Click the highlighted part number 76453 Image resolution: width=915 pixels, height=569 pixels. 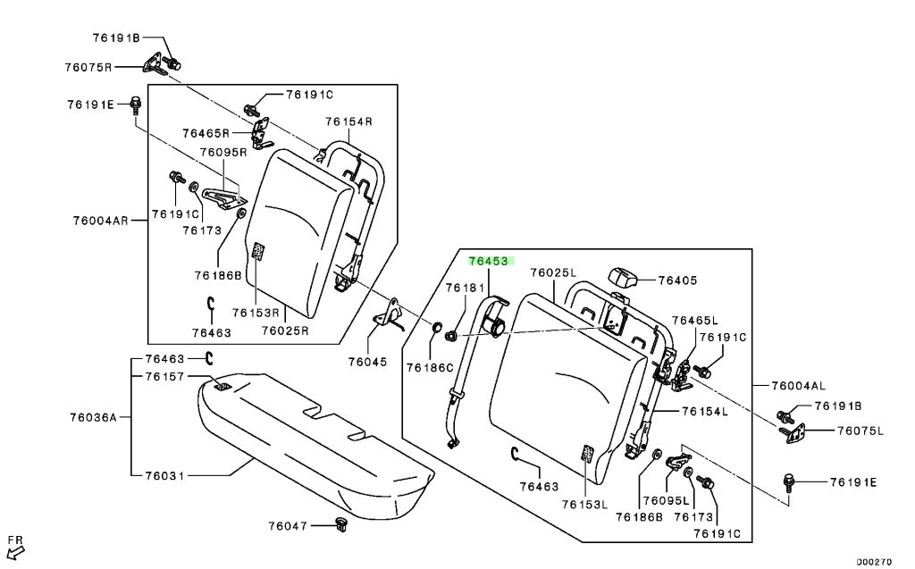(489, 262)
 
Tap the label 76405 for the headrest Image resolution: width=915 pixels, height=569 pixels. (678, 280)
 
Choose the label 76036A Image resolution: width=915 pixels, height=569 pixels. (90, 416)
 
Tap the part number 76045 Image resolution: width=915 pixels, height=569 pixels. (368, 362)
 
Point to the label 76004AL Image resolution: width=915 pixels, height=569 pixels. (800, 386)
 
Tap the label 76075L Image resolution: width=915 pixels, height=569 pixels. (860, 431)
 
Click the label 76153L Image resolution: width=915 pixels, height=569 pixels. (584, 505)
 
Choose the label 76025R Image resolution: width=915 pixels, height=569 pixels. (284, 331)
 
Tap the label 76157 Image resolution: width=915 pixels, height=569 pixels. (164, 377)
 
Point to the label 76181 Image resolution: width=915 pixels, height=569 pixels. (466, 288)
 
